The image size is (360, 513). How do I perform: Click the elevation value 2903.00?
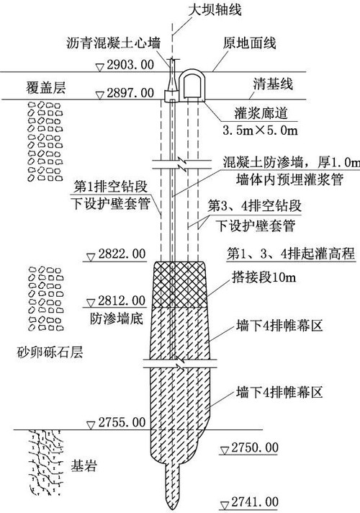[130, 65]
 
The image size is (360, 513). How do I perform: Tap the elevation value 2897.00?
[130, 93]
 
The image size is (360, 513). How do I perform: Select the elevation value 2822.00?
[122, 254]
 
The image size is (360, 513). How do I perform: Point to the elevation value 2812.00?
[122, 300]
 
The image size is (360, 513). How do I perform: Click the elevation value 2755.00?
[122, 422]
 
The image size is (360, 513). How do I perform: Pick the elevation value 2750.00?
[255, 447]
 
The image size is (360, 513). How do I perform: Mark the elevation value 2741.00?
[255, 502]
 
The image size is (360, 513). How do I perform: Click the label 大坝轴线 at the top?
[215, 9]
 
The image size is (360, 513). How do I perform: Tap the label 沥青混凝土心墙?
[114, 43]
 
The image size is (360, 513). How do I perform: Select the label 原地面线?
[250, 43]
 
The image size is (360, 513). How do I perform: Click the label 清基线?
[273, 84]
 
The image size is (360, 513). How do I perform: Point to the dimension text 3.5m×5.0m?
[260, 130]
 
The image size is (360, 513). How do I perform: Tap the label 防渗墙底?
[117, 318]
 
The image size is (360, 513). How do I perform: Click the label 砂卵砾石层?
[50, 352]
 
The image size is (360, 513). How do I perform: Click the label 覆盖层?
[46, 88]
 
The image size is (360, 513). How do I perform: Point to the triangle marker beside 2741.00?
[225, 505]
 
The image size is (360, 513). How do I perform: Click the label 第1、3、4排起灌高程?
[291, 254]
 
